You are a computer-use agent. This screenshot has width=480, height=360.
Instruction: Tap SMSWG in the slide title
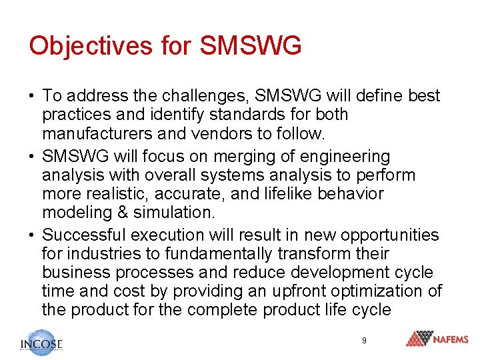click(x=251, y=45)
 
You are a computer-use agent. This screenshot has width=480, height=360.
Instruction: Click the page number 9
click(x=364, y=341)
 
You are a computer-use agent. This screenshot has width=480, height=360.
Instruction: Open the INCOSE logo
click(x=41, y=342)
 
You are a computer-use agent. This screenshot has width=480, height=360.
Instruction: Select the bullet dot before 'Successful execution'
click(x=32, y=235)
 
